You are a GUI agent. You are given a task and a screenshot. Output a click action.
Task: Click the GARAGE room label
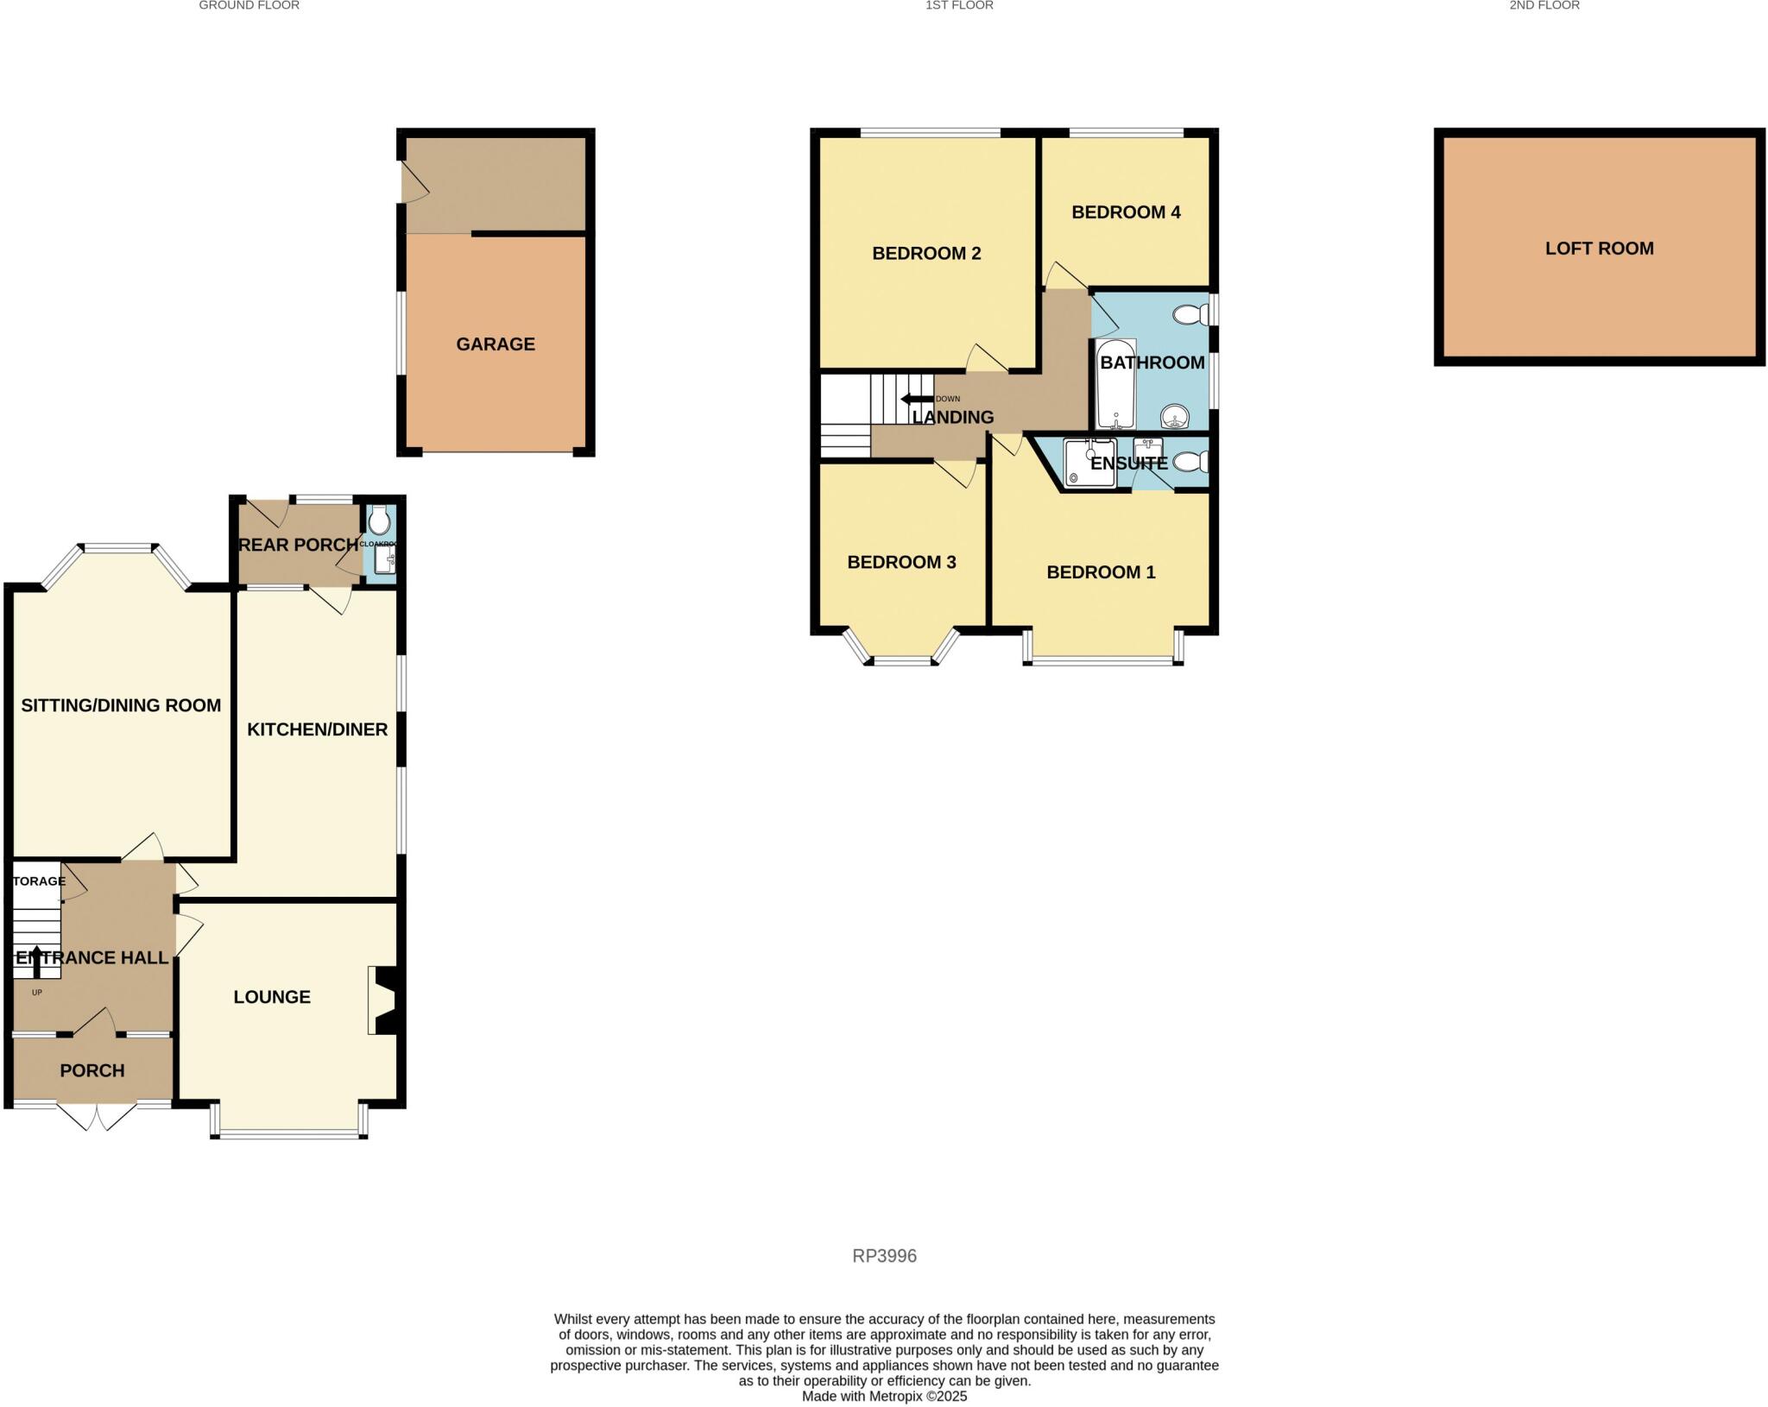pos(496,344)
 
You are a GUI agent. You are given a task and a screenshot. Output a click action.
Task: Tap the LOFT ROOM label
pos(1599,249)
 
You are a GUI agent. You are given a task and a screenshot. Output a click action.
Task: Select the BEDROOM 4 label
pos(1126,212)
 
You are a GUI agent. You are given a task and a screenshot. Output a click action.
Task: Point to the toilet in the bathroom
pos(1192,315)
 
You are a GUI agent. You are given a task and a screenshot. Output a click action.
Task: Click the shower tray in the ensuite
pos(1089,464)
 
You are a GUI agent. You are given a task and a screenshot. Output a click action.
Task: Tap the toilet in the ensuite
pos(1191,463)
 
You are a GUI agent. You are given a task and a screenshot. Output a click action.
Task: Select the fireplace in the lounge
pos(382,999)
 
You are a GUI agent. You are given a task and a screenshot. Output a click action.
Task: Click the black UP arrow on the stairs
pos(36,960)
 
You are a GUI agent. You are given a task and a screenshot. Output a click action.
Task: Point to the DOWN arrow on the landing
pos(917,399)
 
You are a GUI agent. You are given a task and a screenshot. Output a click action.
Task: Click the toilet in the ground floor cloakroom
pos(379,521)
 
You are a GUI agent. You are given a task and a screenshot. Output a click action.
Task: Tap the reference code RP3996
pos(884,1256)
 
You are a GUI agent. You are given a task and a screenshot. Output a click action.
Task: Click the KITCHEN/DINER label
pos(317,730)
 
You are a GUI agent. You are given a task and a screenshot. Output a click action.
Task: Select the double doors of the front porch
pos(97,1115)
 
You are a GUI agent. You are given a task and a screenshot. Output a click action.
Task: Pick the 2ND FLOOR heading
pos(1544,5)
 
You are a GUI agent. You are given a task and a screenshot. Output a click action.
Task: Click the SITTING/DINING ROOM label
pos(121,706)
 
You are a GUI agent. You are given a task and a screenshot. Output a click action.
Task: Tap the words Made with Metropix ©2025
pos(884,1396)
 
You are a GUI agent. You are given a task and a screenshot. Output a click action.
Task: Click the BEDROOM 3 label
pos(901,563)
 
